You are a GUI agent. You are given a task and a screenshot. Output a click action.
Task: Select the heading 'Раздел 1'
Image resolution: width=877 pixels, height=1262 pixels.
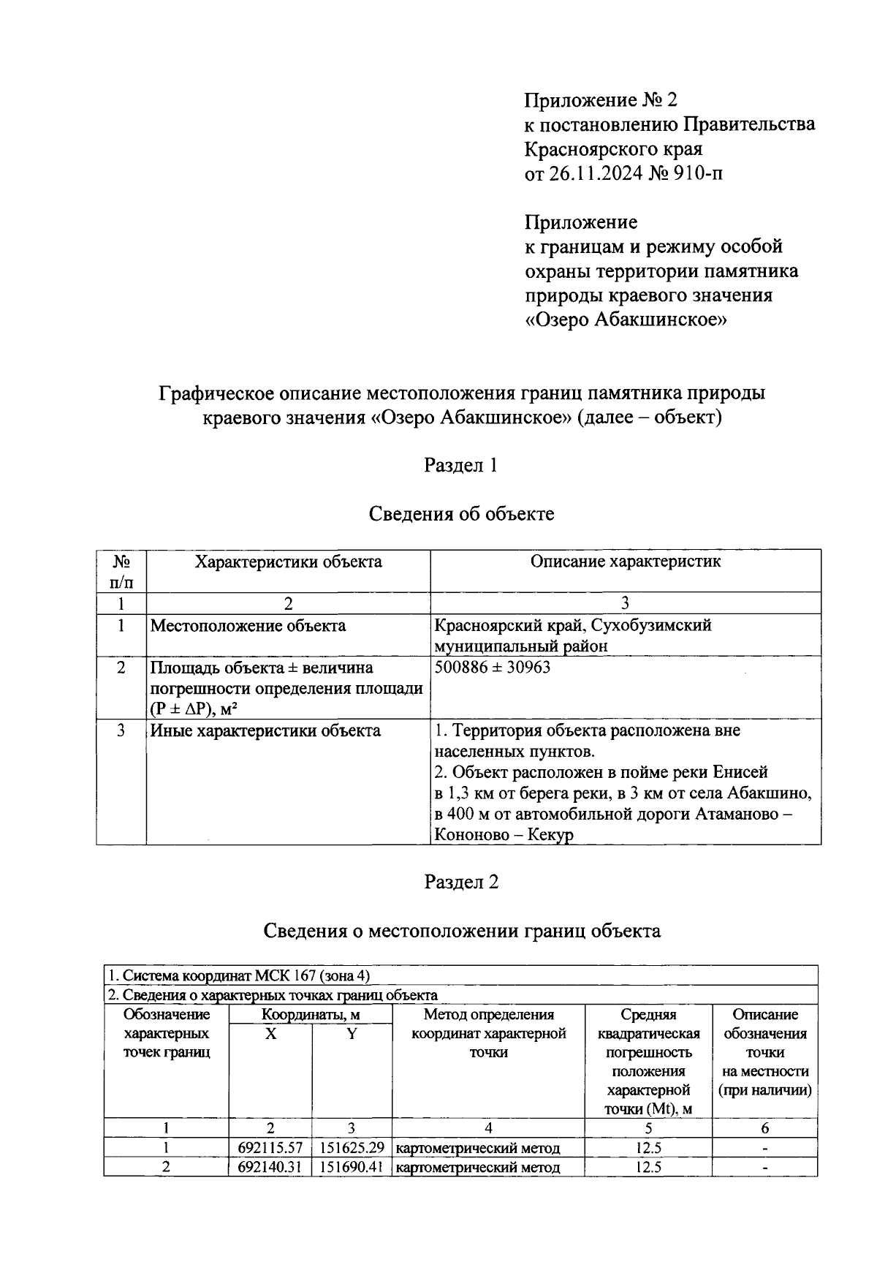[x=460, y=465]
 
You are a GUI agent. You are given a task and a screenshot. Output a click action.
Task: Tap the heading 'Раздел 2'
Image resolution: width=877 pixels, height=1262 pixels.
[x=461, y=882]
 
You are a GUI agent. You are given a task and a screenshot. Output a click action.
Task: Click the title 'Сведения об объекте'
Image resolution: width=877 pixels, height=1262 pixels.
[x=460, y=514]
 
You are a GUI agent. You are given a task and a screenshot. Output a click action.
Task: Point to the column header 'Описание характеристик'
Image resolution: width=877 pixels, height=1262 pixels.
[x=625, y=562]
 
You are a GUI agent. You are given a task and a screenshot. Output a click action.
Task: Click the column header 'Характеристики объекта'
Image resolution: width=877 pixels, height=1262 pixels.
[x=287, y=562]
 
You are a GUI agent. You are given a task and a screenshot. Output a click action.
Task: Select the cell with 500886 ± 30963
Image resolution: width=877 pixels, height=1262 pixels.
[x=492, y=668]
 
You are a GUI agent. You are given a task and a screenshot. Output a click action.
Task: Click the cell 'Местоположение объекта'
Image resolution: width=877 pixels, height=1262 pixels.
[x=248, y=626]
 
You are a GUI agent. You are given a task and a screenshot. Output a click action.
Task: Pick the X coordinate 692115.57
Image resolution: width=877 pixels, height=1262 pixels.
[x=270, y=1149]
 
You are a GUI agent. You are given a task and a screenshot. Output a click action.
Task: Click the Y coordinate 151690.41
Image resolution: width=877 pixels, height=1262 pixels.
[x=352, y=1168]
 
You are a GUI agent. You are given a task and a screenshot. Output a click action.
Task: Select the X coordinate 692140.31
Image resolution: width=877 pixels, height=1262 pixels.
[x=270, y=1168]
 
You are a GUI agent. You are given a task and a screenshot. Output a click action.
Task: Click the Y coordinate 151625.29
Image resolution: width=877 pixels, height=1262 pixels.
[x=352, y=1149]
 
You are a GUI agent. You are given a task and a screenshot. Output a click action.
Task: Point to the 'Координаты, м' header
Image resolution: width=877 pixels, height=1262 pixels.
[x=311, y=1015]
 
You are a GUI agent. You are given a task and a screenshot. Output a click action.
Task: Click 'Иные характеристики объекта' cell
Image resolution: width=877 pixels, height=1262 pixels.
[x=265, y=730]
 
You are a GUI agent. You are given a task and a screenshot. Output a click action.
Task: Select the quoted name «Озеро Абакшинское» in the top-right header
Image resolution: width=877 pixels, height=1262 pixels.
[x=626, y=320]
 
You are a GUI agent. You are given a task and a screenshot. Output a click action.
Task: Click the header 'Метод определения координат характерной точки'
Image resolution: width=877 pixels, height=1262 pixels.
[x=488, y=1033]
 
